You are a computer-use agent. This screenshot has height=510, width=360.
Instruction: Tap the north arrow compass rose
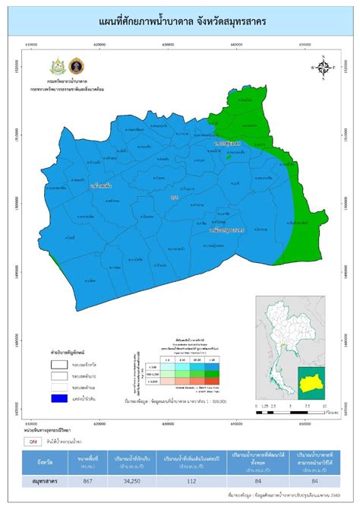(x=323, y=67)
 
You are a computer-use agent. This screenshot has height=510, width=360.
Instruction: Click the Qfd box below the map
(x=34, y=439)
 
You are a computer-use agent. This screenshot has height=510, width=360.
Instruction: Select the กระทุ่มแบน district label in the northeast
(x=227, y=143)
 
